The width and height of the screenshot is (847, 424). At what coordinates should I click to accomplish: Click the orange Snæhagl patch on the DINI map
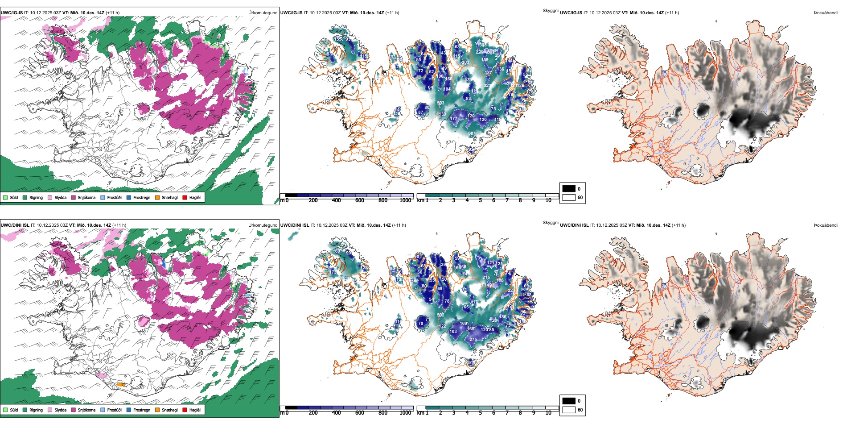(121, 384)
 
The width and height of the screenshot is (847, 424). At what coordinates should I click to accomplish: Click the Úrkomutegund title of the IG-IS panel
(263, 13)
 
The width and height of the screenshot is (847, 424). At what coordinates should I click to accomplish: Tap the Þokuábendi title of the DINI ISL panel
(826, 225)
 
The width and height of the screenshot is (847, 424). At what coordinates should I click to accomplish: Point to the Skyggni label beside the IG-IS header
(550, 10)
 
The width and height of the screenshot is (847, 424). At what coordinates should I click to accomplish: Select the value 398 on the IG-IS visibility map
(482, 45)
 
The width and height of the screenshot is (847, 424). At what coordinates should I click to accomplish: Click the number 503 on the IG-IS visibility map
(440, 103)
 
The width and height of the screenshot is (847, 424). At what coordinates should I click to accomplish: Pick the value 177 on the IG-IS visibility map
(453, 119)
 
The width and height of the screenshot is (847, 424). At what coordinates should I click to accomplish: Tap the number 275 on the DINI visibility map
(473, 340)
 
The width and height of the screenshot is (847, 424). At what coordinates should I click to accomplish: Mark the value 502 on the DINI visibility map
(440, 315)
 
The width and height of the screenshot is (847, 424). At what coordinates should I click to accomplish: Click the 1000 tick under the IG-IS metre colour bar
(405, 200)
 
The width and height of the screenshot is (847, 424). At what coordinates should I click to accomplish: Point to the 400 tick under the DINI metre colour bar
(336, 413)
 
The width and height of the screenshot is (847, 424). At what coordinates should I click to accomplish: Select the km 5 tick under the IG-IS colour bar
(480, 200)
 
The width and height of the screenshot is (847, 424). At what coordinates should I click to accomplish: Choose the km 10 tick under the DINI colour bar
(548, 413)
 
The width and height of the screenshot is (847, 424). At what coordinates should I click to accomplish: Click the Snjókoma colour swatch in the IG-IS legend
(74, 197)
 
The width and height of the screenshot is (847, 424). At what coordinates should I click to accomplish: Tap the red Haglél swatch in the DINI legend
(185, 410)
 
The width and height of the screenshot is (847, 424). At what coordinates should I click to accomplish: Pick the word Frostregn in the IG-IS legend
(142, 197)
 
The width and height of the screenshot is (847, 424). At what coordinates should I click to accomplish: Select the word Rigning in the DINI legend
(36, 410)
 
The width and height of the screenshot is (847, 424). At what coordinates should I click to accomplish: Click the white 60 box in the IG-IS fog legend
(569, 197)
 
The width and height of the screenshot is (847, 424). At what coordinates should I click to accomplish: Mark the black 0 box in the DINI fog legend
(569, 401)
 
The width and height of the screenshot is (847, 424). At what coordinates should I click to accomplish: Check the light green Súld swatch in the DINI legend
(5, 410)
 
